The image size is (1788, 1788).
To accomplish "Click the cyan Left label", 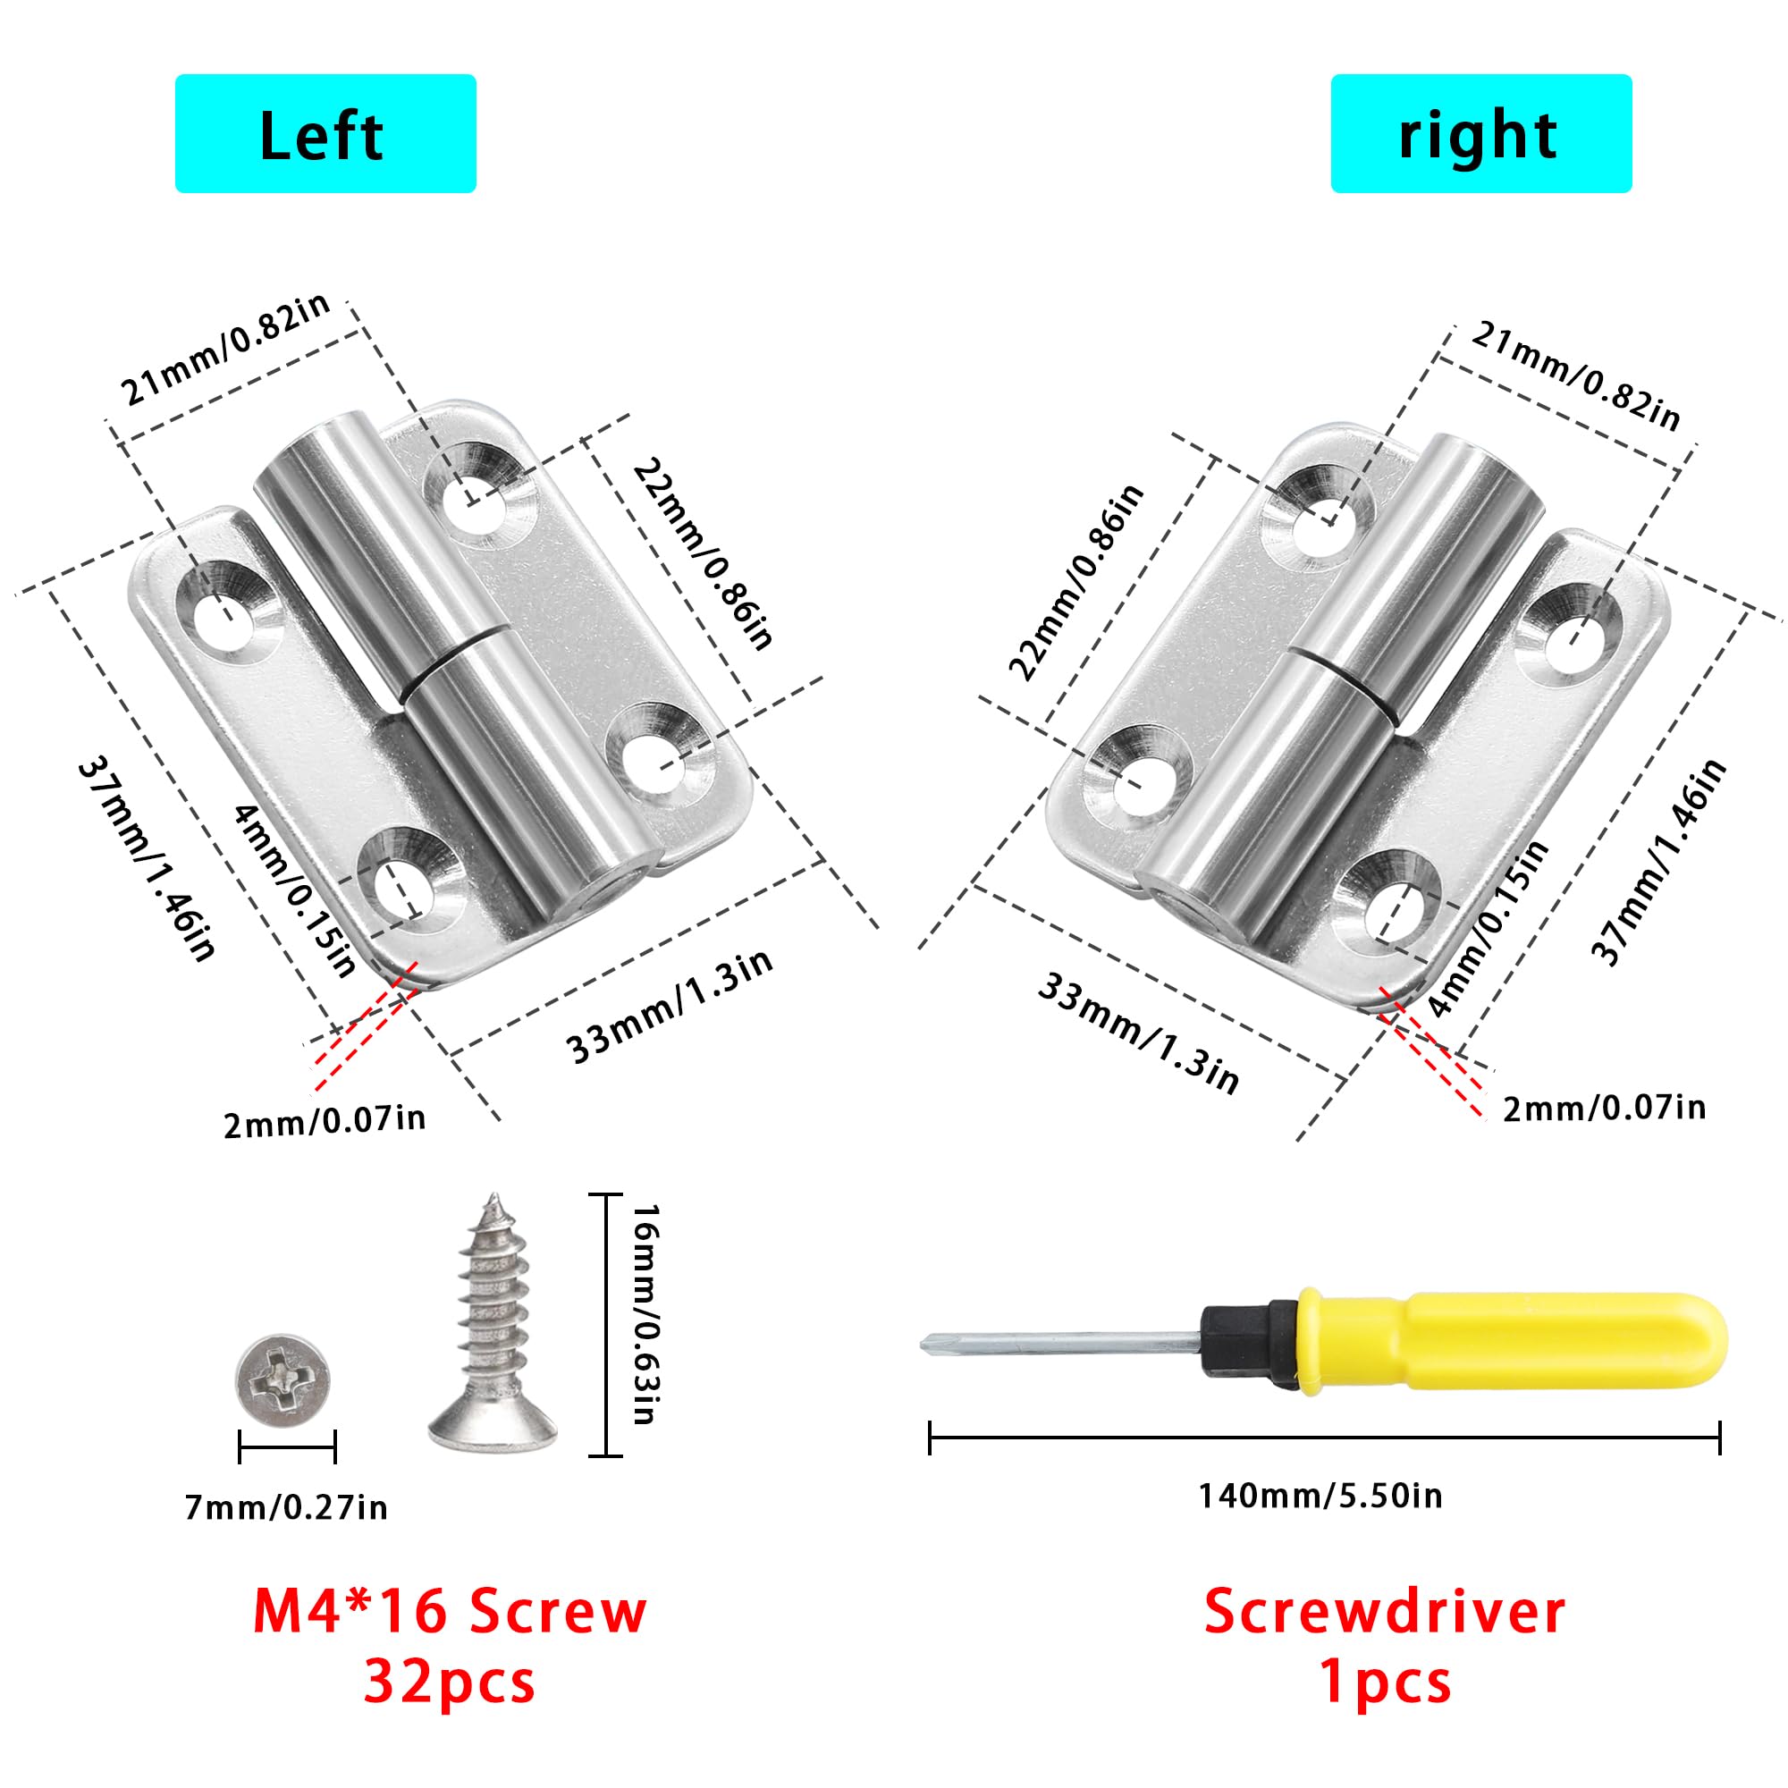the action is (325, 133).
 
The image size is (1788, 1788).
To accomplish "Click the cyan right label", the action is (1480, 133).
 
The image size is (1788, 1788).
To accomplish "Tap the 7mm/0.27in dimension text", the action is (286, 1508).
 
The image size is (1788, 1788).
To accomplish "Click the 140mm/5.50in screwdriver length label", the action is (1320, 1497).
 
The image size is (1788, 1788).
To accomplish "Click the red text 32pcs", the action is (450, 1682).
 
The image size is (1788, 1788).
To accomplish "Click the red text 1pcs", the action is (1386, 1682).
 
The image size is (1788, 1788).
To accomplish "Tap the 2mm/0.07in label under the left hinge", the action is (325, 1123).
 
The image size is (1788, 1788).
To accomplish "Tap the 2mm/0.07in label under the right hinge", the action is (1604, 1108).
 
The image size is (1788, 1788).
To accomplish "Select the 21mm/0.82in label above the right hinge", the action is (1575, 376).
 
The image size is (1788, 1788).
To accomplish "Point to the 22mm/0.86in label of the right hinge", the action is (1076, 582).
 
